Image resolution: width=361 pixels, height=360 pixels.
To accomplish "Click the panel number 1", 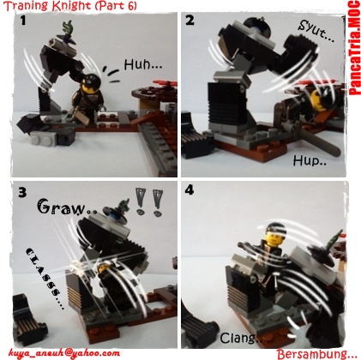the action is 22,21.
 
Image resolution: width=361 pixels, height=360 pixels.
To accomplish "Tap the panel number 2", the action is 190,21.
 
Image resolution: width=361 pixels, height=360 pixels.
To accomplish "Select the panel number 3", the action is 22,192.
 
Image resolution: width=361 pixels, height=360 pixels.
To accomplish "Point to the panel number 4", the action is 190,190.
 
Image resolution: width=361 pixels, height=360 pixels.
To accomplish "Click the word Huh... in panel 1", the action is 143,64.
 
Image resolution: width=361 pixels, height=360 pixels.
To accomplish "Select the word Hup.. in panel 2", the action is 310,161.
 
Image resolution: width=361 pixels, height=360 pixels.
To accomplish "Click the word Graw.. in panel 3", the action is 67,207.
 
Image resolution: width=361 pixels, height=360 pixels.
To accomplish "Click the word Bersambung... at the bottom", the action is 317,354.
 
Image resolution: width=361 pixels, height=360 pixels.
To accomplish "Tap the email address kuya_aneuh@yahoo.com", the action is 64,353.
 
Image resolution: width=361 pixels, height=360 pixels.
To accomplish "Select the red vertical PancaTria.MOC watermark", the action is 354,48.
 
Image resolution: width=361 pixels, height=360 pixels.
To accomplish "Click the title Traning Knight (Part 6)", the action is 70,6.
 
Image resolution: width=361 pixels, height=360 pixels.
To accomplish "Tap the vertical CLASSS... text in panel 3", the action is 45,279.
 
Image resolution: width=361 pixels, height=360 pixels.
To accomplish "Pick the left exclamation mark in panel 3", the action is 140,201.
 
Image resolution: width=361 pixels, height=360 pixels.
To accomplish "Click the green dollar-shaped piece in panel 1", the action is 69,28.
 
